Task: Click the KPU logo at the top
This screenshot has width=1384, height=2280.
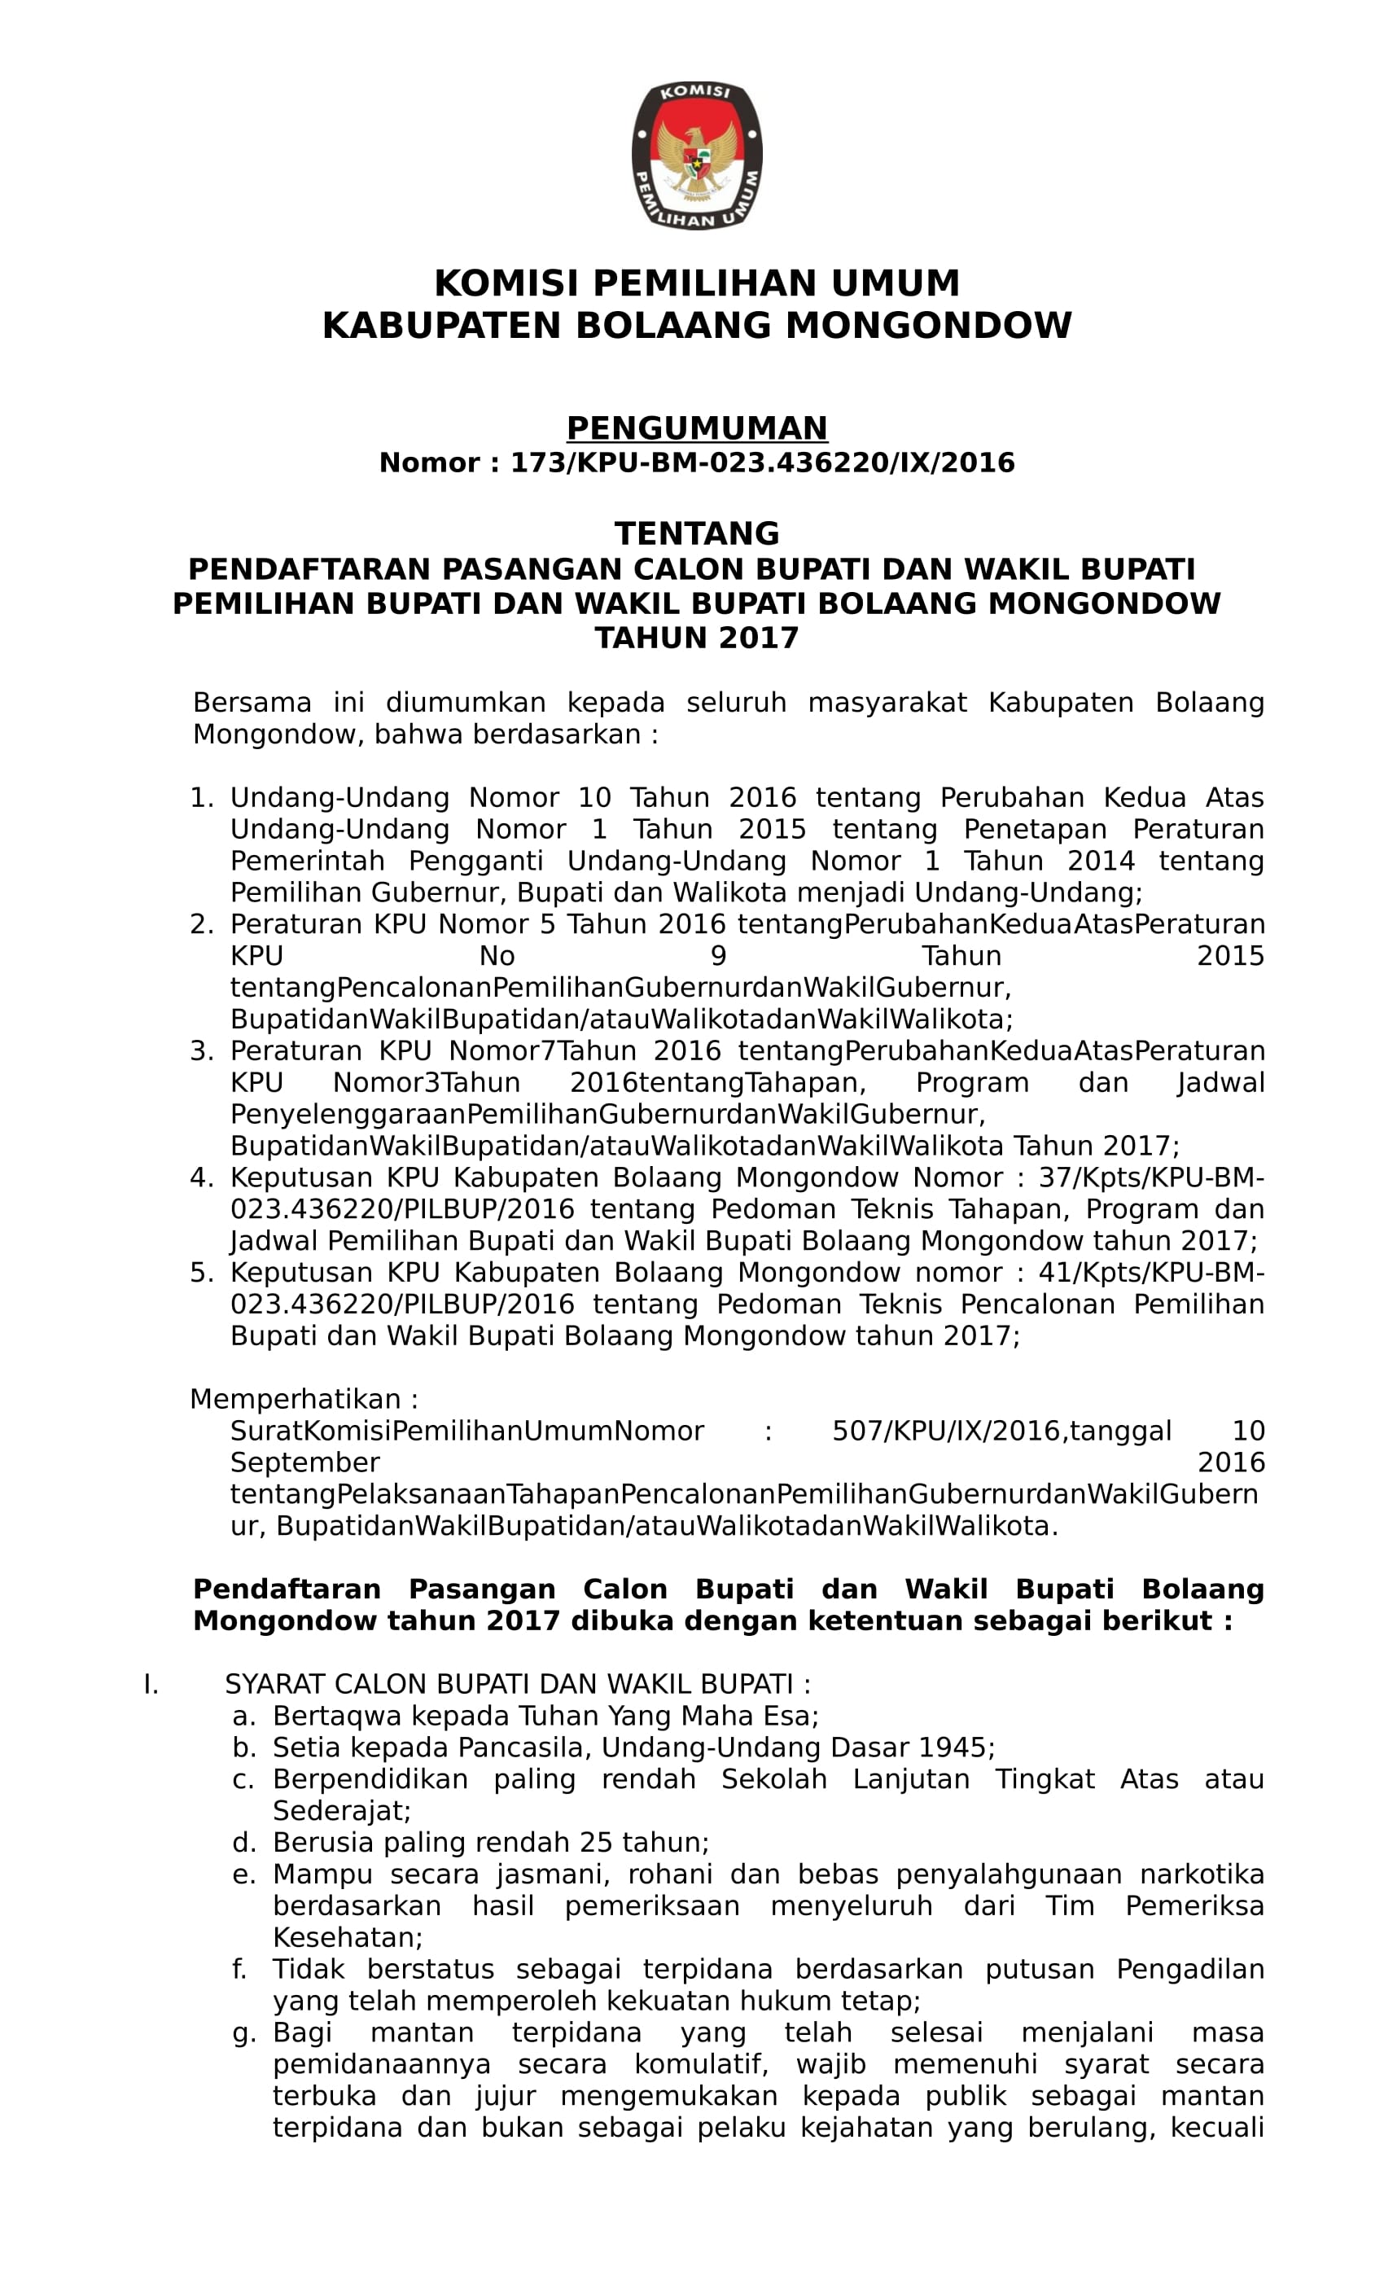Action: point(696,155)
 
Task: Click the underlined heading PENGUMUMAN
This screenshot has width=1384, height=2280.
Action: point(696,427)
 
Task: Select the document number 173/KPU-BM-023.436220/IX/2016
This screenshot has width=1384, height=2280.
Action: point(762,463)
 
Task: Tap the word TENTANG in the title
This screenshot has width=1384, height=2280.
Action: point(696,534)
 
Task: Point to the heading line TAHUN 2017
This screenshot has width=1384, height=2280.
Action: point(696,638)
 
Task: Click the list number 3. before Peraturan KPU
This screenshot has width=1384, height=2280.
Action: point(201,1051)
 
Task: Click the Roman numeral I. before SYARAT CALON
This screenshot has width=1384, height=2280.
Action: point(151,1684)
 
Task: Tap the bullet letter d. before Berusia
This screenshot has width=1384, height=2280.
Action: point(243,1842)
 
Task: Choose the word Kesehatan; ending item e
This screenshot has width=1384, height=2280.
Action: point(347,1938)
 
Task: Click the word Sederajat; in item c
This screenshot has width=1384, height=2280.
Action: point(341,1811)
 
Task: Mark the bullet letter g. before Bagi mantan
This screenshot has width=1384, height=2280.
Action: point(243,2033)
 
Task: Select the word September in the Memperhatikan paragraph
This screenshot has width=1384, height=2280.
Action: point(304,1463)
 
